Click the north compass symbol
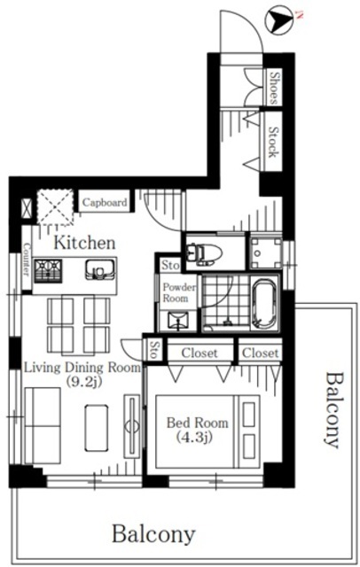pyautogui.click(x=279, y=21)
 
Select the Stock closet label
pyautogui.click(x=274, y=142)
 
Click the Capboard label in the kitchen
pyautogui.click(x=105, y=202)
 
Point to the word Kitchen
pyautogui.click(x=84, y=243)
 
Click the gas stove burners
pyautogui.click(x=48, y=271)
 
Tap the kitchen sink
pyautogui.click(x=99, y=269)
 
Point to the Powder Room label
pyautogui.click(x=179, y=292)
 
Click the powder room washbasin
pyautogui.click(x=177, y=321)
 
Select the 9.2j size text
pyautogui.click(x=84, y=381)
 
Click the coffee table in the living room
pyautogui.click(x=97, y=428)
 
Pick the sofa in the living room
pyautogui.click(x=43, y=425)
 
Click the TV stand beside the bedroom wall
pyautogui.click(x=132, y=426)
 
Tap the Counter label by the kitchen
pyautogui.click(x=27, y=259)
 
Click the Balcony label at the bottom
pyautogui.click(x=153, y=534)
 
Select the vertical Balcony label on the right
pyautogui.click(x=332, y=409)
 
